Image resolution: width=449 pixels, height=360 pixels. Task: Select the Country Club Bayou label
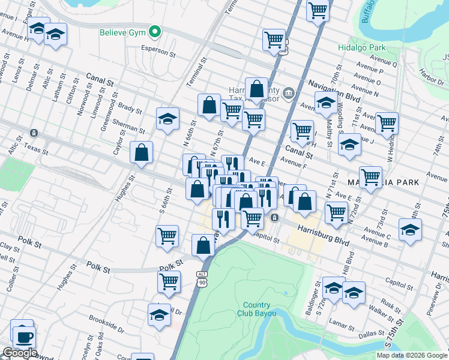(260, 309)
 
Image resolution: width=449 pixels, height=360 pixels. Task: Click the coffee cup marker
(23, 337)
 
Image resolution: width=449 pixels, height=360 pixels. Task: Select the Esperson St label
(158, 49)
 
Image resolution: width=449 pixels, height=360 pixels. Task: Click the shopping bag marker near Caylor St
(142, 153)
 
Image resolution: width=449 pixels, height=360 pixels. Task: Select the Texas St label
(35, 146)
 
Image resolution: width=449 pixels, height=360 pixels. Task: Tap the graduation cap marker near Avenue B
(410, 230)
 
